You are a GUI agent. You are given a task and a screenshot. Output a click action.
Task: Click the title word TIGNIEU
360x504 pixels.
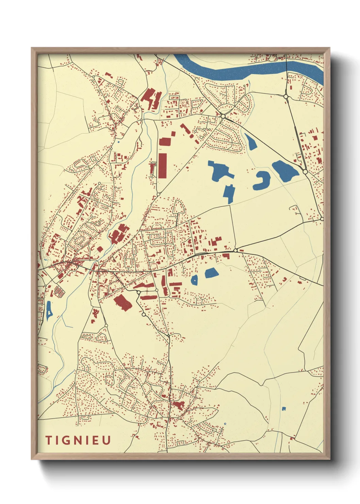point(78,440)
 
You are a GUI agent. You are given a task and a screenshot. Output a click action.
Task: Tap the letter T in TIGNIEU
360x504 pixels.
point(48,440)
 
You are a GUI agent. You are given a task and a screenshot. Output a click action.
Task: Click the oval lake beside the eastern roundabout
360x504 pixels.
point(285,170)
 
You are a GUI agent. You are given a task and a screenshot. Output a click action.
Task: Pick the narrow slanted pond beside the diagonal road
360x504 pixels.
point(251,142)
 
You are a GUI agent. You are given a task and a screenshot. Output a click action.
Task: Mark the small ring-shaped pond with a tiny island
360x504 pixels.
point(194,280)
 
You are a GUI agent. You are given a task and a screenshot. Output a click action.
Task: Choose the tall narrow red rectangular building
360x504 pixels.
point(163,166)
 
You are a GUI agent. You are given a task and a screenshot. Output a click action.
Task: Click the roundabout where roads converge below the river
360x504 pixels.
point(223,116)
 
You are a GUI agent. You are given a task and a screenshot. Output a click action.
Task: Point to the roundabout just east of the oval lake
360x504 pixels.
point(305,172)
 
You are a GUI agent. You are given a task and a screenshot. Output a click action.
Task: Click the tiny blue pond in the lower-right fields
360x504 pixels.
point(284,408)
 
